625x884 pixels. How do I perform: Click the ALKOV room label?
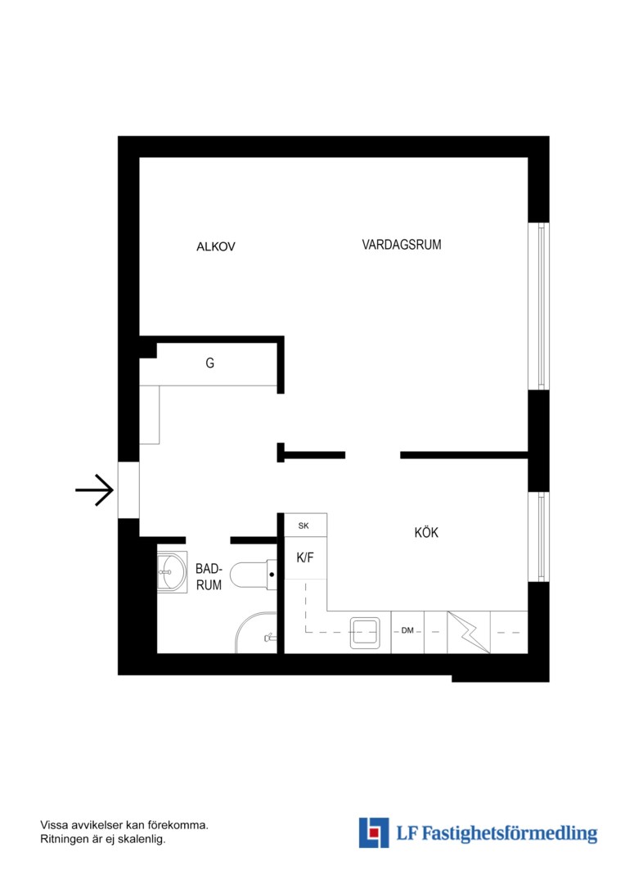tap(215, 246)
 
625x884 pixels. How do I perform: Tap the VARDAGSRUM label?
tap(402, 245)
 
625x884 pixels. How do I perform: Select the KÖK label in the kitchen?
tap(426, 532)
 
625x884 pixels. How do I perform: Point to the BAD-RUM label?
tap(209, 577)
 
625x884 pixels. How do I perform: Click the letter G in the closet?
tap(209, 363)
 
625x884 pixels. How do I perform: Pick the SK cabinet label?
tap(304, 526)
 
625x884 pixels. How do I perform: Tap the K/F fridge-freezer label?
tap(305, 557)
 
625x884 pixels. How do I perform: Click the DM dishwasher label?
tap(407, 630)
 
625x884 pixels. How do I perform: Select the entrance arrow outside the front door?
tap(95, 490)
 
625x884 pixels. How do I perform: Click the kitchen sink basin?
tap(365, 633)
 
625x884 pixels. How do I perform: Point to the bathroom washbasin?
tap(172, 572)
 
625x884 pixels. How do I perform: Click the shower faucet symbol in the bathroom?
tap(270, 638)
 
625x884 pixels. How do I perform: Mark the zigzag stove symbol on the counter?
tap(469, 632)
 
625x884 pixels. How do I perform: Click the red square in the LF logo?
tap(374, 832)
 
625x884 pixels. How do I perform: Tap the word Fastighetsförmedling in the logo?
tap(510, 833)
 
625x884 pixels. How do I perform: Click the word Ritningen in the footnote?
tap(64, 840)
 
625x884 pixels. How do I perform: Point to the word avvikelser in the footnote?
tap(95, 825)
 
